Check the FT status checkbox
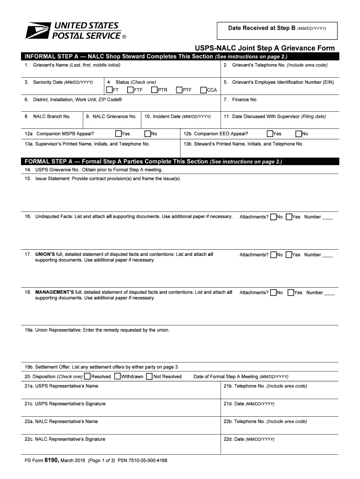click(109, 90)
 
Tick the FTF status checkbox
click(130, 90)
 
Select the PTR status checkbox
click(154, 90)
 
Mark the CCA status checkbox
click(203, 90)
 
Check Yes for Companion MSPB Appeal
click(118, 134)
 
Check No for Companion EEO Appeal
click(298, 134)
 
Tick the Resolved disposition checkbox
click(88, 377)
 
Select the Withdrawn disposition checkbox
click(117, 377)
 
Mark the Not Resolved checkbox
click(149, 377)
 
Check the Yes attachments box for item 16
click(289, 217)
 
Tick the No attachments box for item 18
click(273, 292)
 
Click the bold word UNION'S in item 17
click(45, 254)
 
